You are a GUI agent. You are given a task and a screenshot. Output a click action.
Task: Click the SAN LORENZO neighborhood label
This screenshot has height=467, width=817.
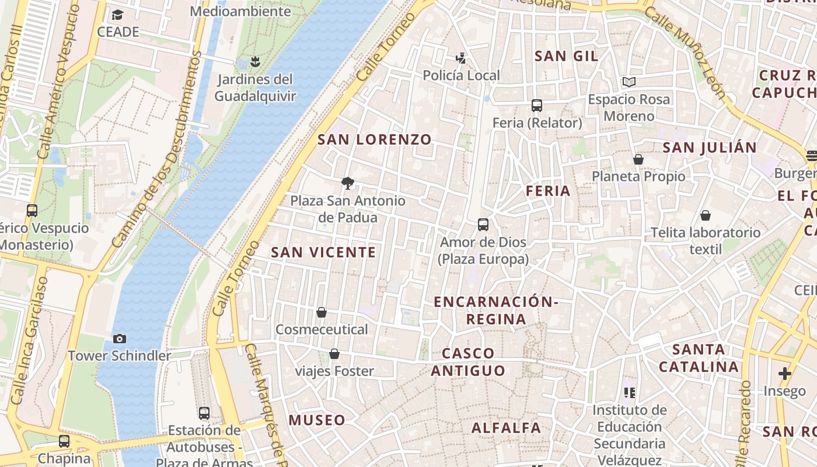pos(374,140)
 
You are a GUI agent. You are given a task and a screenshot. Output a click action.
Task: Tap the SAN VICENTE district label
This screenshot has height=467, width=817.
pos(323,252)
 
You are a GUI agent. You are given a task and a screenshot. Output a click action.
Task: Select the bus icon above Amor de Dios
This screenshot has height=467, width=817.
pos(483,225)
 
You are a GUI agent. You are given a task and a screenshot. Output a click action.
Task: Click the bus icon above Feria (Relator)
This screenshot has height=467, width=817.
pos(537,106)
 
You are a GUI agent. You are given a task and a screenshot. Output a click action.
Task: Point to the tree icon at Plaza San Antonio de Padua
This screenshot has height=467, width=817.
pos(348,183)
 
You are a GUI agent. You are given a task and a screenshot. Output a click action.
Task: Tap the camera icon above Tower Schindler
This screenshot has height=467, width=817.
pos(119,339)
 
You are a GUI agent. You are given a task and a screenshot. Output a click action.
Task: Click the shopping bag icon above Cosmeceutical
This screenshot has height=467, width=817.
pos(322,312)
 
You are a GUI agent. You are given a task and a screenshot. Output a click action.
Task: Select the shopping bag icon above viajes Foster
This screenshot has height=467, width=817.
pos(334,354)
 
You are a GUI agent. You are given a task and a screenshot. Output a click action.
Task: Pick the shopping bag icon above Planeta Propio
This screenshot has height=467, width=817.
pos(638,159)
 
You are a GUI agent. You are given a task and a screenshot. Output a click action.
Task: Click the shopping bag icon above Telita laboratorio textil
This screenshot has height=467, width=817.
pos(706,215)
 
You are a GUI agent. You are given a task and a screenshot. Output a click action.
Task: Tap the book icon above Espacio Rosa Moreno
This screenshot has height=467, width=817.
pos(629,82)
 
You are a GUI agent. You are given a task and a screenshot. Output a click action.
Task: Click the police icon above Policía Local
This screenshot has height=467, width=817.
pos(461,58)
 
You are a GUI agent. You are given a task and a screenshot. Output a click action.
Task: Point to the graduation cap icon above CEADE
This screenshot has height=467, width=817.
pos(118,15)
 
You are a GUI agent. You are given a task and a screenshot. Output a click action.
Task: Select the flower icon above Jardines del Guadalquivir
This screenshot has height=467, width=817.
pos(254,61)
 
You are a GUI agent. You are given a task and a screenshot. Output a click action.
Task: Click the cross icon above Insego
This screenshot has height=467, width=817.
pos(784,374)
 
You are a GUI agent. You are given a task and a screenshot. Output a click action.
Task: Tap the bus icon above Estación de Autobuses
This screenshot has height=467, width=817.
pos(204,413)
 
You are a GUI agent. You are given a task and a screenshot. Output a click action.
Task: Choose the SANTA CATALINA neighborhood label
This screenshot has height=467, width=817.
pos(699,358)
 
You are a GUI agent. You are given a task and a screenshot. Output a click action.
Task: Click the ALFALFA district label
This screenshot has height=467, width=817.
pos(506,427)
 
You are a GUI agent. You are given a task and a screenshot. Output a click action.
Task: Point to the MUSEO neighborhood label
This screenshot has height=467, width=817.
pos(317,420)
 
